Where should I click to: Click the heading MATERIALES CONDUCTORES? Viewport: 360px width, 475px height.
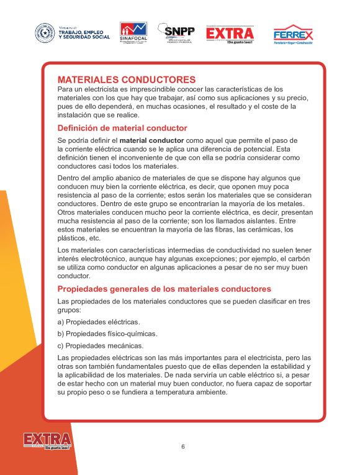[x=127, y=79]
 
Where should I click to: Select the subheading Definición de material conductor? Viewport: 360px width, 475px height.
[x=122, y=128]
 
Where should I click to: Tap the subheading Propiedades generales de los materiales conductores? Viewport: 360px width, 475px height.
[x=164, y=289]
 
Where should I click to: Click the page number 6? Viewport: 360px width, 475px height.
[x=183, y=446]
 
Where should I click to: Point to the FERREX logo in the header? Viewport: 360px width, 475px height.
[x=293, y=34]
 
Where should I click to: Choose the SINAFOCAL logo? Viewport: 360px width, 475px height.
[x=133, y=32]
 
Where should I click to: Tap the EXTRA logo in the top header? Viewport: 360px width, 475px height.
[x=230, y=34]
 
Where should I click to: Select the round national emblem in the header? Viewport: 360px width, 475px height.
[x=44, y=32]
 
